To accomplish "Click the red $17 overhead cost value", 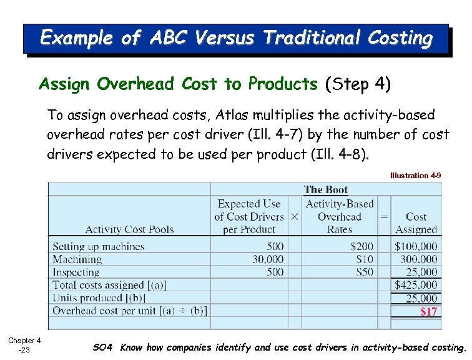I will click(x=428, y=311).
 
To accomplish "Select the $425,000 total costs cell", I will click(x=416, y=285).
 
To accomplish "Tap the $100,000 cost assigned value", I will click(x=416, y=246).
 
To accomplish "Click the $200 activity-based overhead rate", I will click(x=361, y=246).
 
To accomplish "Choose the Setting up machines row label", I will click(x=98, y=246).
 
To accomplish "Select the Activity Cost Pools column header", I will click(x=129, y=229).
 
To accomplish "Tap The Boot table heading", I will click(x=326, y=189).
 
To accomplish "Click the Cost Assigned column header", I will click(x=416, y=223).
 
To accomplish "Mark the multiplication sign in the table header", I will click(x=294, y=216).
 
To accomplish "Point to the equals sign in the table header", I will click(x=384, y=216).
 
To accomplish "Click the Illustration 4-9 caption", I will click(x=415, y=176).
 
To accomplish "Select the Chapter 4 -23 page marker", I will click(x=24, y=345).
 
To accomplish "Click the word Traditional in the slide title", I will click(x=304, y=38).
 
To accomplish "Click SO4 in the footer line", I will click(x=104, y=347).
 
